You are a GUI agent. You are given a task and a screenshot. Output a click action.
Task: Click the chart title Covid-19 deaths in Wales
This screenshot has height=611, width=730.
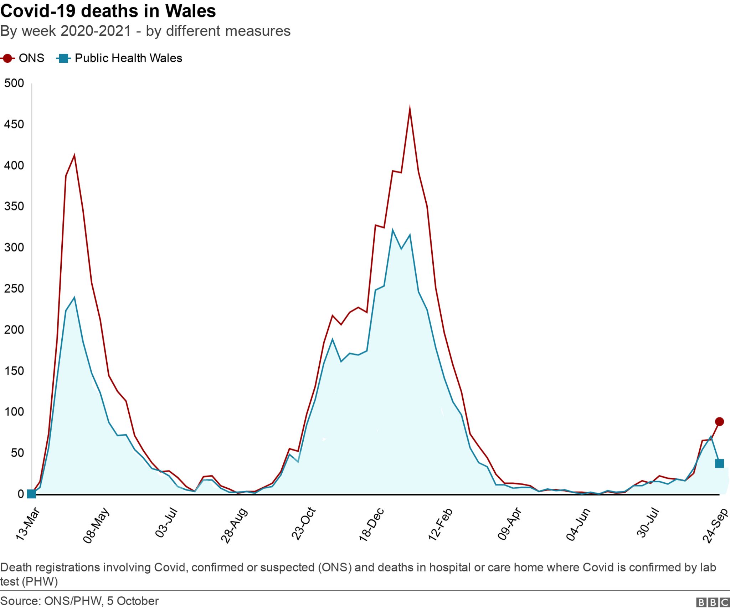coord(108,11)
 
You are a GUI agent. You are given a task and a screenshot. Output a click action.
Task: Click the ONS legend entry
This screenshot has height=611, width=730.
coord(24,58)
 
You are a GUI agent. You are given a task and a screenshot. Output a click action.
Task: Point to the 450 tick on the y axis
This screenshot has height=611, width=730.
coord(14,124)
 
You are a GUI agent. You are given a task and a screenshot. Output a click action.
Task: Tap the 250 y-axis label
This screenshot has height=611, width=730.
coord(14,288)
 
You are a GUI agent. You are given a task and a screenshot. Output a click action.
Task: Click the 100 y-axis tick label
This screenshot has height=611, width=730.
coord(14,412)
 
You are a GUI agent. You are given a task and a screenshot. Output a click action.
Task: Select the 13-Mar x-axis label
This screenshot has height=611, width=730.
coord(27,524)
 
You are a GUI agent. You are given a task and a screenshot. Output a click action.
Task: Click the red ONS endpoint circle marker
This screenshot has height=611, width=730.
coord(719,422)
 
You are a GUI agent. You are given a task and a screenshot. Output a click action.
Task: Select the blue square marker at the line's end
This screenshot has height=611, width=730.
coord(719,463)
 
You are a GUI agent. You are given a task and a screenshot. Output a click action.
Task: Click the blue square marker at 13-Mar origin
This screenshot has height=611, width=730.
coord(31,494)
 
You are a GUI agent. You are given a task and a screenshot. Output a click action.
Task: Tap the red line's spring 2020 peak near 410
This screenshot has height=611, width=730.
coord(74,155)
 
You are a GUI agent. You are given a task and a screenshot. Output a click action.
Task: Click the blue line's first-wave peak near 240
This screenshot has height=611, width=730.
coord(74,298)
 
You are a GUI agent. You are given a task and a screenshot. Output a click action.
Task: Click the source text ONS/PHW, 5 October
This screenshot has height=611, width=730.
coord(79,601)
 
